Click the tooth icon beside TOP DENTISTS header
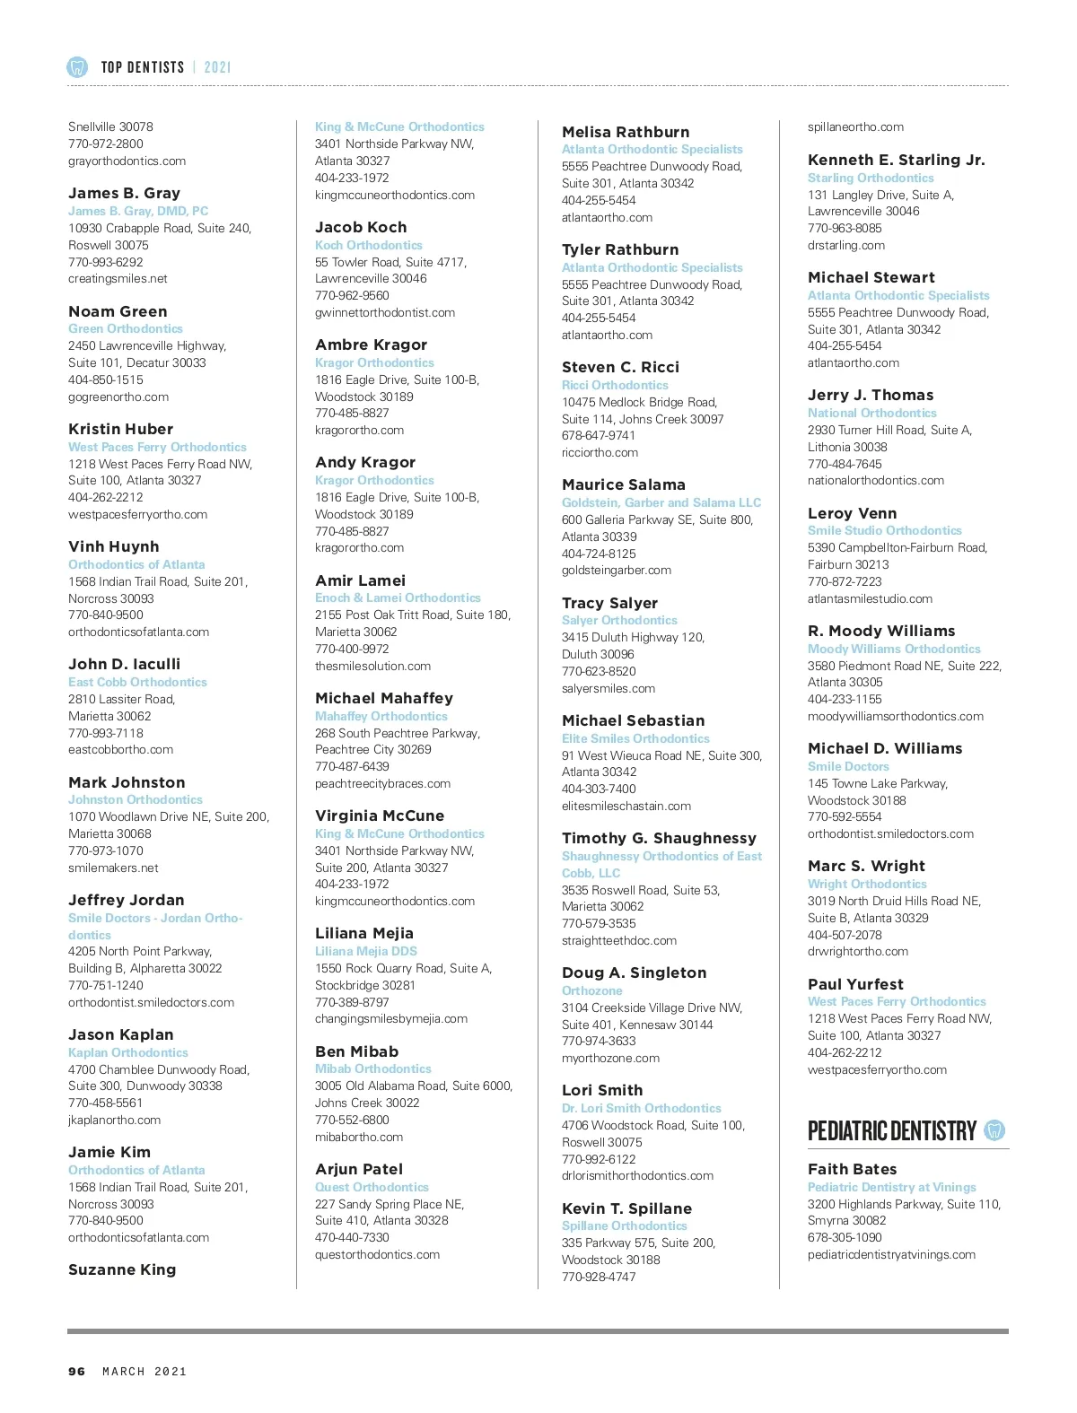pyautogui.click(x=77, y=66)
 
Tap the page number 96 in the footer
pyautogui.click(x=77, y=1371)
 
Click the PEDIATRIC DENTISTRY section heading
pyautogui.click(x=891, y=1130)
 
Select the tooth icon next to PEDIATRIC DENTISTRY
pyautogui.click(x=994, y=1130)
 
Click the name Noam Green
pyautogui.click(x=118, y=311)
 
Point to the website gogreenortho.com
pyautogui.click(x=118, y=397)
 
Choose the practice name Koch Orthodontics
pyautogui.click(x=368, y=245)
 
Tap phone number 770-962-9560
pyautogui.click(x=352, y=295)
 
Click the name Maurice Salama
pyautogui.click(x=623, y=484)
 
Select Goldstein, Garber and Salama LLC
pyautogui.click(x=661, y=502)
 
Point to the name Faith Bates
pyautogui.click(x=852, y=1169)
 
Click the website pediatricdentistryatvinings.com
pyautogui.click(x=891, y=1254)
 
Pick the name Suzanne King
pyautogui.click(x=122, y=1269)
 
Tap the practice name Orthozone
pyautogui.click(x=591, y=990)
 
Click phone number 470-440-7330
pyautogui.click(x=352, y=1237)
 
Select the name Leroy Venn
pyautogui.click(x=852, y=513)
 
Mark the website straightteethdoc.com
pyautogui.click(x=619, y=940)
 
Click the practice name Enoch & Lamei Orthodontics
pyautogui.click(x=398, y=597)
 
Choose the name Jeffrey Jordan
pyautogui.click(x=127, y=900)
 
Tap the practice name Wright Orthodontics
pyautogui.click(x=867, y=884)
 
